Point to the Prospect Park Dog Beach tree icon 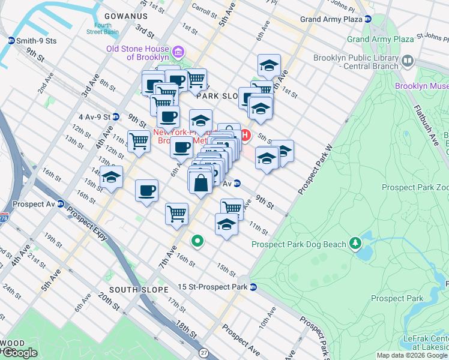(355, 244)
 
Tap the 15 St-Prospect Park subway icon (254, 287)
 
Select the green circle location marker (196, 242)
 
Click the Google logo (19, 352)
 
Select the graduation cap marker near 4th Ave (111, 178)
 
